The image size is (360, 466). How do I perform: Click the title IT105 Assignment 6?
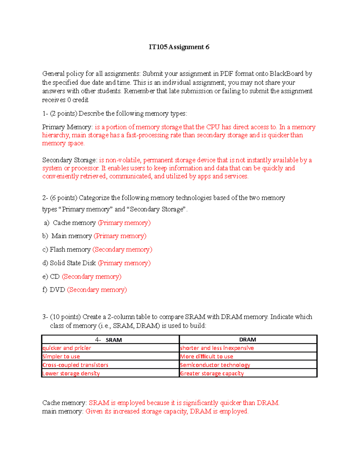[179, 47]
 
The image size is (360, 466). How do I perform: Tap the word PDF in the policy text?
[226, 74]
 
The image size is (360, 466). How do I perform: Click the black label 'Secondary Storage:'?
[70, 160]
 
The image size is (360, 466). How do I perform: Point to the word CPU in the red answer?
[213, 127]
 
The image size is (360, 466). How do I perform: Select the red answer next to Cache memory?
[124, 223]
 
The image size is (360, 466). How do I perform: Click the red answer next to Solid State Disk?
[124, 263]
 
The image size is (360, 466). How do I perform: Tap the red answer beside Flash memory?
[122, 250]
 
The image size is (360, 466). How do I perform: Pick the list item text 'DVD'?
[57, 290]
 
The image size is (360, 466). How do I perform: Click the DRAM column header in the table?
[247, 340]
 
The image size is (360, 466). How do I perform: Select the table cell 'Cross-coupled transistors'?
[75, 365]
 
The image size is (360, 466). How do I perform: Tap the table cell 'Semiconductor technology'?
[215, 365]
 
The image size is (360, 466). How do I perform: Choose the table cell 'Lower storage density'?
[71, 374]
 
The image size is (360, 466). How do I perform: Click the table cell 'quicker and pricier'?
[67, 348]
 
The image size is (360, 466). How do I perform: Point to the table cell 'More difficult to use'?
[206, 357]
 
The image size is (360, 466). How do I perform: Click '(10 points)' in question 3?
[65, 317]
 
